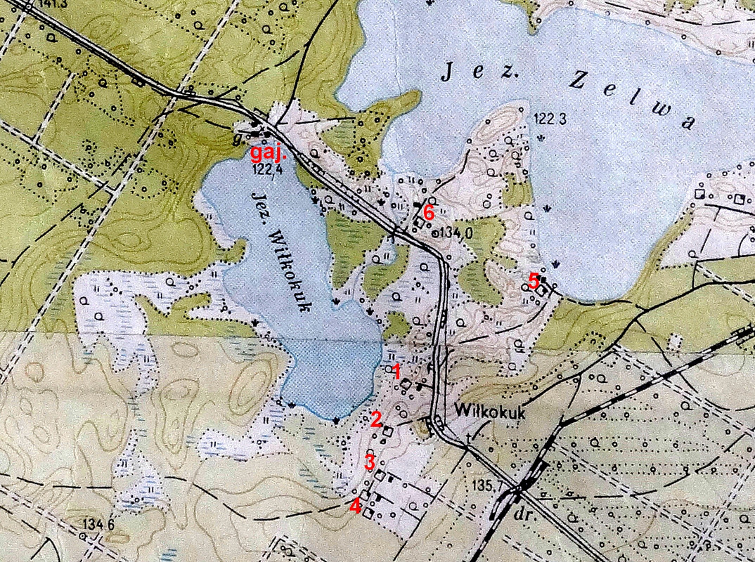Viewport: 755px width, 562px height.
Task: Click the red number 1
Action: point(396,371)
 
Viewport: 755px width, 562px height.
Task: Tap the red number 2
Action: point(376,419)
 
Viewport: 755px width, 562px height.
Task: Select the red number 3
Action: point(369,462)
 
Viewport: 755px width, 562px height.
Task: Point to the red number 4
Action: point(356,504)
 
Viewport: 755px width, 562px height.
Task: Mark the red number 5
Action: point(533,281)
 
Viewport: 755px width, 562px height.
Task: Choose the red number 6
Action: point(429,211)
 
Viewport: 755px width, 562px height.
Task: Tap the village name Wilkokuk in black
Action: point(491,411)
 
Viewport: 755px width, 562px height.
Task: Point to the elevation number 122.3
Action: point(550,118)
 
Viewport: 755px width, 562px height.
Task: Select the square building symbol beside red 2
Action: point(387,431)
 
